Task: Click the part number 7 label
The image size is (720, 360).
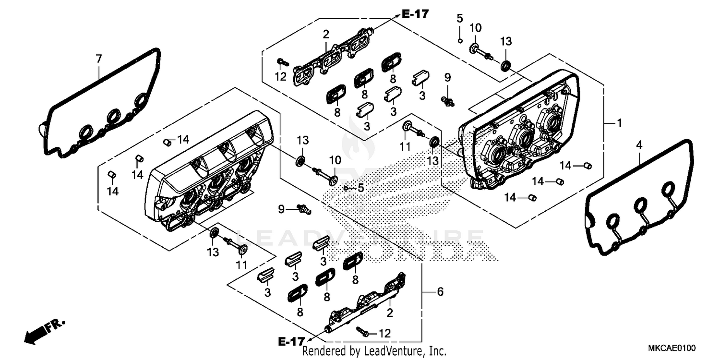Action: [98, 59]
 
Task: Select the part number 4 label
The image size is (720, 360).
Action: [639, 144]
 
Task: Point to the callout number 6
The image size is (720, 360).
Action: [440, 292]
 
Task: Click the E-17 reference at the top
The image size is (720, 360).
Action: [415, 14]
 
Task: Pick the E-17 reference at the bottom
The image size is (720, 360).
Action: [291, 341]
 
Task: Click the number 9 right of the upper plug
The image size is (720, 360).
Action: [447, 77]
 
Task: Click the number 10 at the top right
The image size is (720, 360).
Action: [475, 28]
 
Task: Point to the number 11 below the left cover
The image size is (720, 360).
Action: [241, 264]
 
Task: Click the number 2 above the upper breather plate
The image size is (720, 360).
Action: [326, 34]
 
